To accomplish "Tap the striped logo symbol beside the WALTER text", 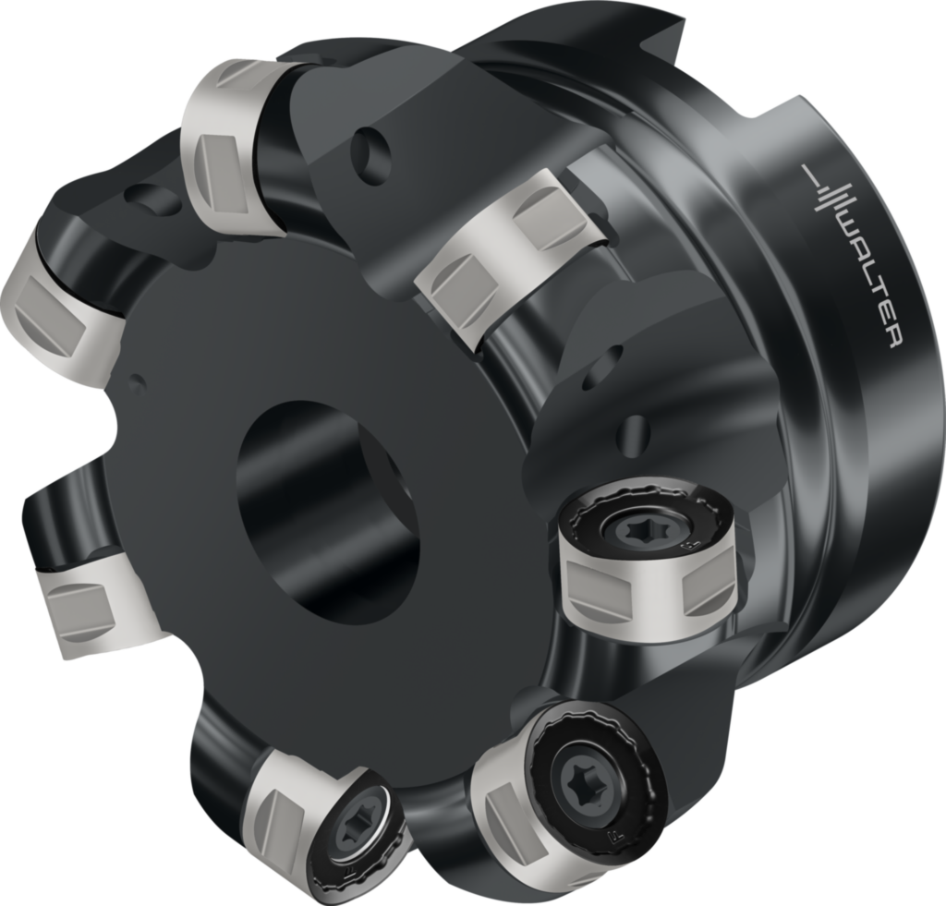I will (x=824, y=188).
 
